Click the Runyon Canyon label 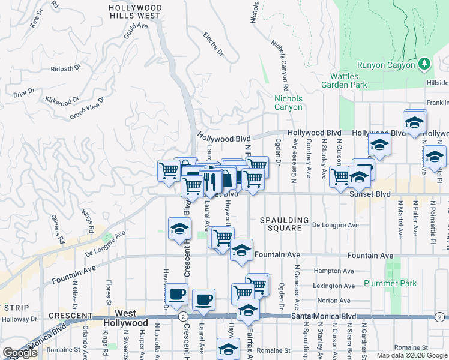pyautogui.click(x=386, y=65)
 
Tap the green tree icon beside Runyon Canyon pyautogui.click(x=424, y=63)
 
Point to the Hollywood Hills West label pyautogui.click(x=135, y=11)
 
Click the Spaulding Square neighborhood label pyautogui.click(x=285, y=224)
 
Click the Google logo pyautogui.click(x=20, y=353)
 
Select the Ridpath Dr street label pyautogui.click(x=66, y=69)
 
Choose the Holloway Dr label pyautogui.click(x=11, y=319)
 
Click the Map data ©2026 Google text pyautogui.click(x=411, y=355)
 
